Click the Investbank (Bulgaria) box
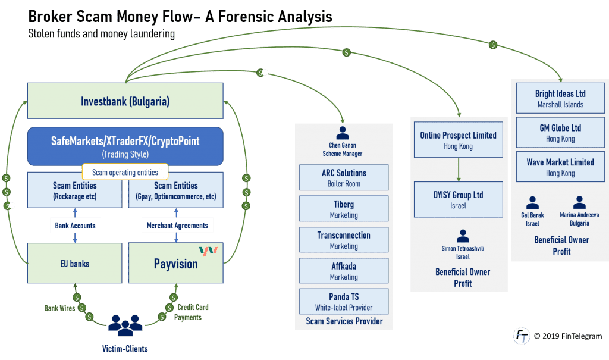(x=125, y=101)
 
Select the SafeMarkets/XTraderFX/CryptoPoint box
(x=125, y=146)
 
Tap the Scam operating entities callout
(x=125, y=173)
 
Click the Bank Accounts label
(x=74, y=226)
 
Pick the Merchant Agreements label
(x=177, y=226)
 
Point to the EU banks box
(x=74, y=263)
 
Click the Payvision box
(x=177, y=263)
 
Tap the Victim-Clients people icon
(x=125, y=325)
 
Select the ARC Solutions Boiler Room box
(x=344, y=177)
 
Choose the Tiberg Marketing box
(x=344, y=209)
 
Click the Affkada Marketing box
(x=344, y=271)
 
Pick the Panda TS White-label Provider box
(x=344, y=302)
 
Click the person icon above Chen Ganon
(x=343, y=133)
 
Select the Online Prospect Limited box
(x=458, y=140)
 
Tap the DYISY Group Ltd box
(x=458, y=199)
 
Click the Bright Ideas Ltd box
(x=560, y=99)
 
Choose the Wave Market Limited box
(x=560, y=167)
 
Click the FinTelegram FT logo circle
(x=521, y=336)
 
